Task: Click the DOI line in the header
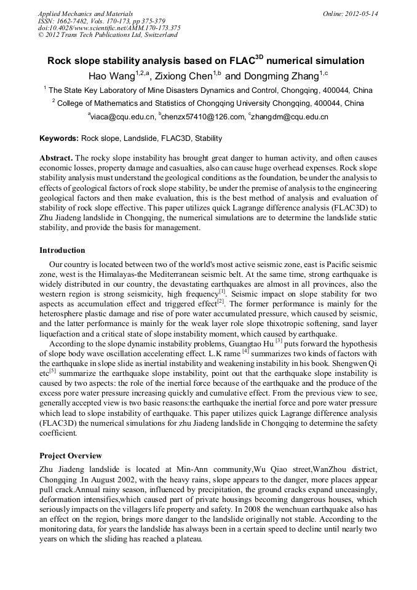click(109, 28)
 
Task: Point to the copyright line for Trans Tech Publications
click(108, 35)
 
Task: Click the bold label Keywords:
click(59, 138)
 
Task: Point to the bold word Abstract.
click(56, 158)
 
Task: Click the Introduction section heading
click(62, 250)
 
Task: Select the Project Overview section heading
click(71, 456)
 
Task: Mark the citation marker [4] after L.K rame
click(245, 352)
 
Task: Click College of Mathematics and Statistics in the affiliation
click(133, 103)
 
